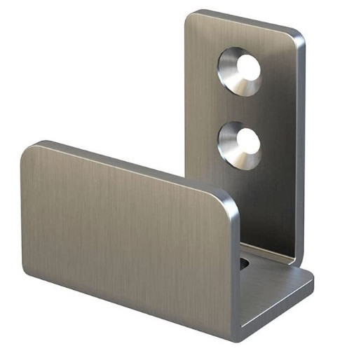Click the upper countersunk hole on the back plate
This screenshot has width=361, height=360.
click(239, 71)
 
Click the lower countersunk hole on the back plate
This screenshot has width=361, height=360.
click(239, 144)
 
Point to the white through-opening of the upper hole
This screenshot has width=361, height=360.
click(248, 67)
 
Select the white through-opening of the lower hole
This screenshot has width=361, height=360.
click(247, 141)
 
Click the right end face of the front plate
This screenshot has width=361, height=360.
click(236, 273)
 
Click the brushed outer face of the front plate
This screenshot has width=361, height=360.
click(126, 238)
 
